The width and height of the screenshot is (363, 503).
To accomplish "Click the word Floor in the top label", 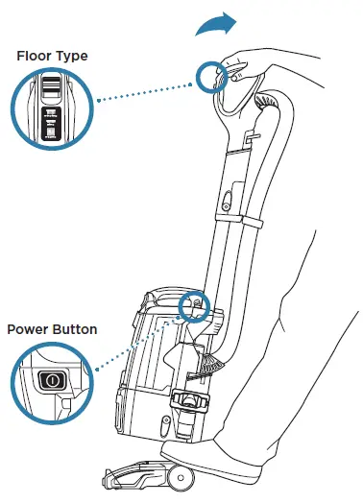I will click(x=36, y=56).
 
